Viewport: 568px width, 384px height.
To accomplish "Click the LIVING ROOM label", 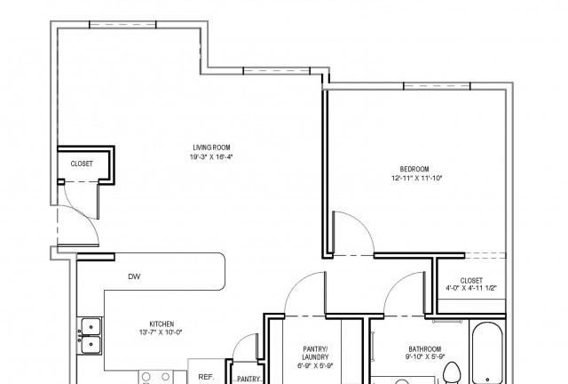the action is [211, 148].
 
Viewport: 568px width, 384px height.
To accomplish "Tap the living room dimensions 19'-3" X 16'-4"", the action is [211, 157].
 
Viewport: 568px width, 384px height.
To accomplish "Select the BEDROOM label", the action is [414, 169].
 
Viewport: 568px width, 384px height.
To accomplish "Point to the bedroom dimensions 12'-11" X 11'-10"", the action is [417, 178].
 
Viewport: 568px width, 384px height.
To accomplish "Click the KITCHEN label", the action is [162, 324].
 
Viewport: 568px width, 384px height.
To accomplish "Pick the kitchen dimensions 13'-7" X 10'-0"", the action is [161, 332].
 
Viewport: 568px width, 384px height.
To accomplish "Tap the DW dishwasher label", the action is [134, 276].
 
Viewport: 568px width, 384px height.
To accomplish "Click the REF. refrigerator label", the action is [206, 377].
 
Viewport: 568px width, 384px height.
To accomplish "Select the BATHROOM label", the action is [425, 348].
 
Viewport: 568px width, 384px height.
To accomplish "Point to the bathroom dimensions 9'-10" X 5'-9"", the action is [425, 356].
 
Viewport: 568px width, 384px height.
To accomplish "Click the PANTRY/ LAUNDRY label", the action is [315, 353].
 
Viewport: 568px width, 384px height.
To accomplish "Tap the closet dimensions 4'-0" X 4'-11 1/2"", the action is [471, 288].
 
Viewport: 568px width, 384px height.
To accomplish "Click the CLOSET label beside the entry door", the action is [82, 164].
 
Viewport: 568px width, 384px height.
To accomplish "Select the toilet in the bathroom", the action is [452, 372].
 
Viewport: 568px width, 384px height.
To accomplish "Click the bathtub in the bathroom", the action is [487, 352].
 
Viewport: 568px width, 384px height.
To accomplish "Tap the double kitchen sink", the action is [91, 336].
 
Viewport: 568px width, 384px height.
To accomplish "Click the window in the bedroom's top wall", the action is [437, 86].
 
